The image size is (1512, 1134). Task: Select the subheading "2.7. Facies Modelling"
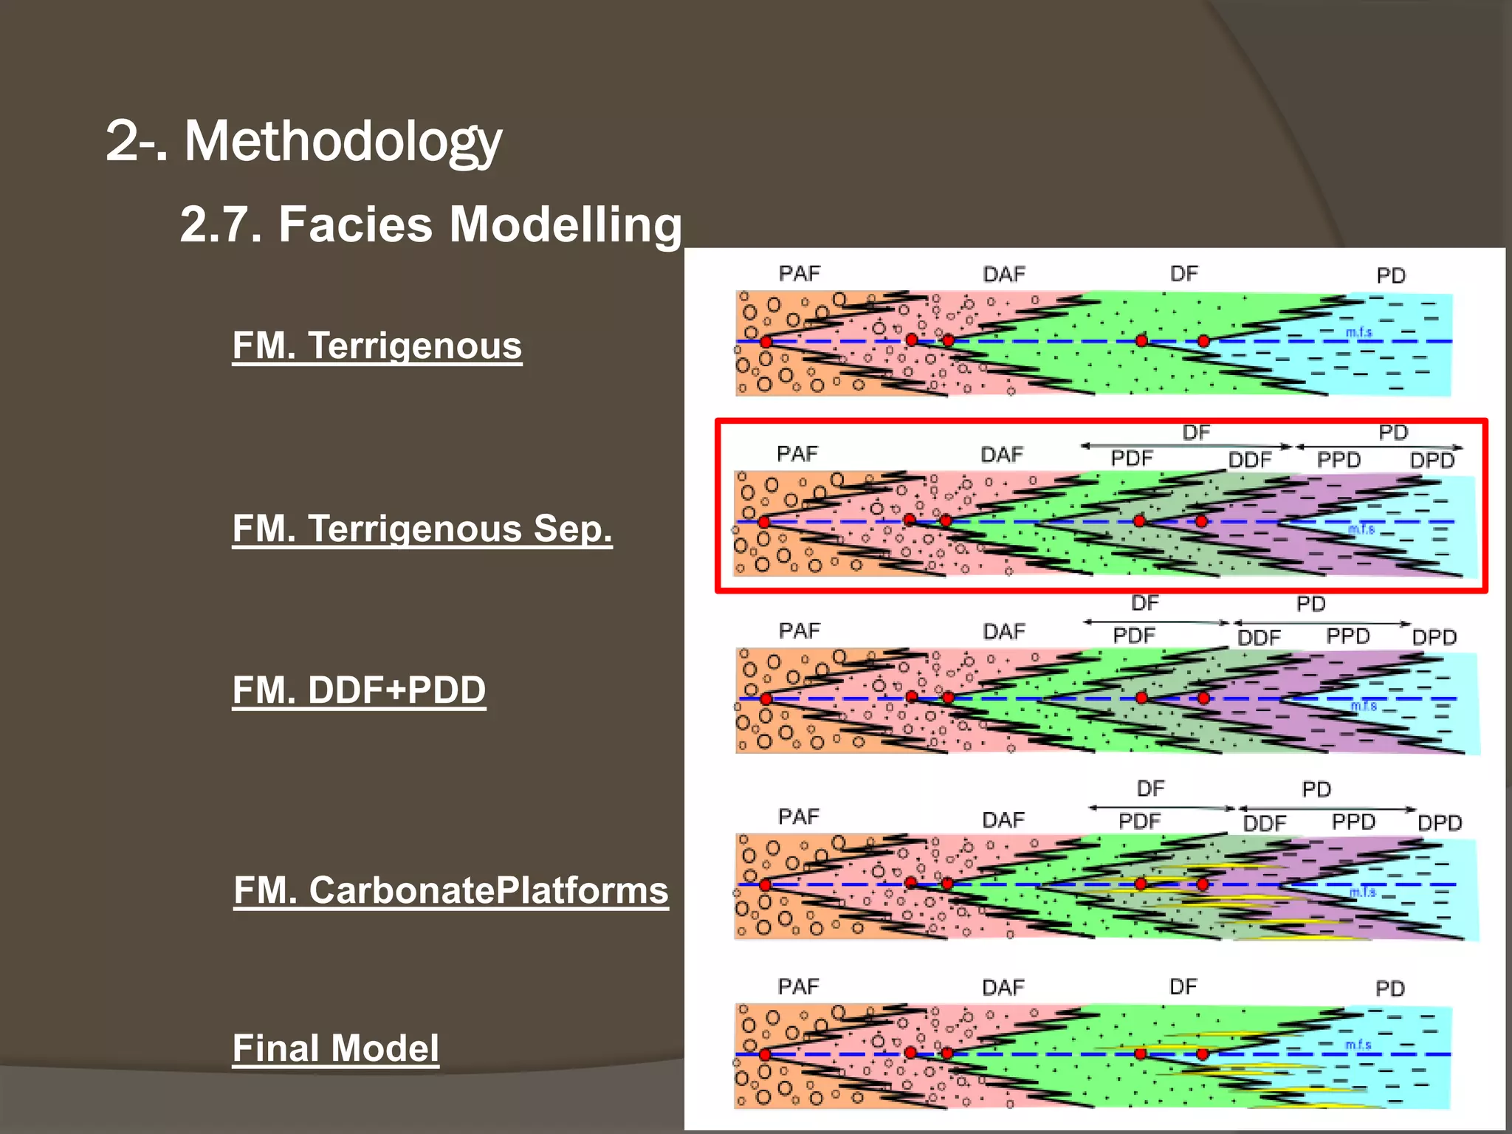tap(430, 224)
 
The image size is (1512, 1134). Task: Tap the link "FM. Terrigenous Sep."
tap(422, 529)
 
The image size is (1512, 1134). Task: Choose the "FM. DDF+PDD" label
tap(359, 690)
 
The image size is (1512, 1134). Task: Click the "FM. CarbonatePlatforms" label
tap(451, 890)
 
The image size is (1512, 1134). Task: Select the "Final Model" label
tap(336, 1048)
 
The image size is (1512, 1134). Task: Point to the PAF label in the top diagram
tap(800, 274)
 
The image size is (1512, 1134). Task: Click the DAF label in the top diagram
tap(1004, 275)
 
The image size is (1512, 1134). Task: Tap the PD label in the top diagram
tap(1391, 275)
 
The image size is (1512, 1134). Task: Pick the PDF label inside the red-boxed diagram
tap(1132, 458)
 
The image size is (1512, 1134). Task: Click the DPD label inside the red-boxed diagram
tap(1432, 461)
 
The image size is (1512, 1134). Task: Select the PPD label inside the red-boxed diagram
tap(1339, 460)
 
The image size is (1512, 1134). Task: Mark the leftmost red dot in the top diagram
tap(766, 342)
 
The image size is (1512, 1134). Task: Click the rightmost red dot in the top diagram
tap(1203, 341)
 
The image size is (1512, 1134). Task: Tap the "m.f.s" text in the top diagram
tap(1358, 332)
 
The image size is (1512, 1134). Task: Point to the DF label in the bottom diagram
tap(1183, 986)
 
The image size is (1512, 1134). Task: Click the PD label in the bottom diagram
tap(1389, 988)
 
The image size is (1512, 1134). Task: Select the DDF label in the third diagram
tap(1259, 637)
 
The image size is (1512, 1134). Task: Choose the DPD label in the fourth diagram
tap(1440, 822)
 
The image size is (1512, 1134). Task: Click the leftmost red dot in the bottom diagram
tap(765, 1054)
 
